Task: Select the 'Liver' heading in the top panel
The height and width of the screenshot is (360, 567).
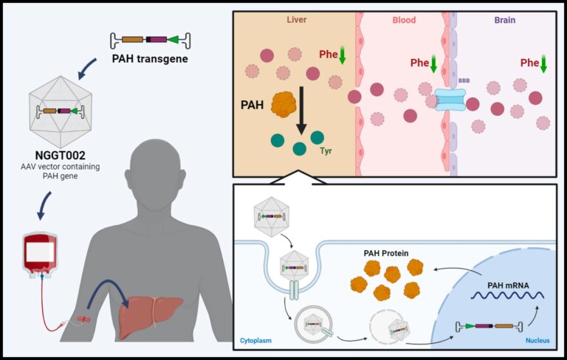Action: [297, 21]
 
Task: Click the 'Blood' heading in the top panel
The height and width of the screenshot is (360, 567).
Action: [402, 21]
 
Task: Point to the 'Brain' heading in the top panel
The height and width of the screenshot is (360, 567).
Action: [504, 21]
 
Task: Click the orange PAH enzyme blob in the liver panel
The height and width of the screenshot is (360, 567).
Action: [283, 105]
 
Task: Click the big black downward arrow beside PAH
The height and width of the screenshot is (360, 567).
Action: [301, 111]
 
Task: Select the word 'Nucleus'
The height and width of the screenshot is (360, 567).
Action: [537, 342]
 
